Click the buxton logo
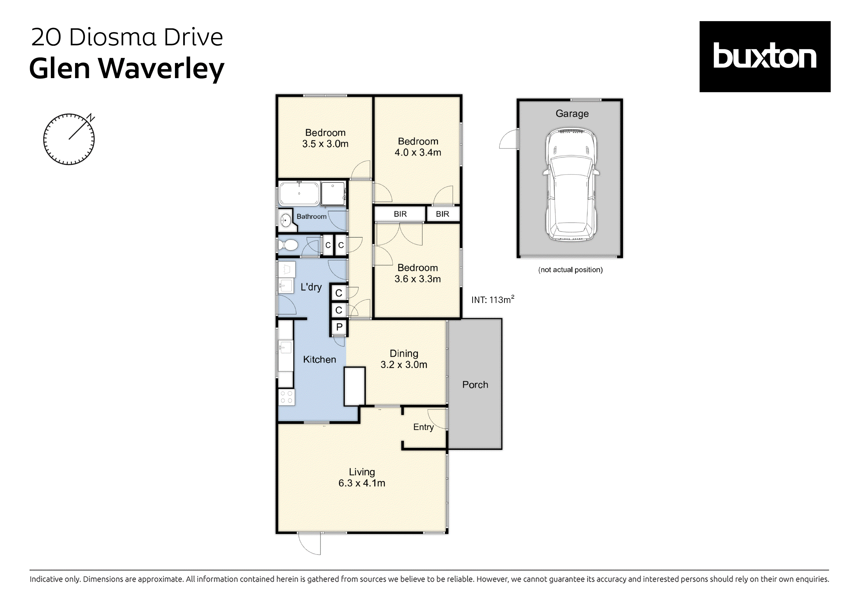click(x=765, y=56)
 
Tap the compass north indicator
click(x=90, y=118)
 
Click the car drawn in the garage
click(x=571, y=184)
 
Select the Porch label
click(x=475, y=384)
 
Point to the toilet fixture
click(x=288, y=245)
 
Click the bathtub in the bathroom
click(x=299, y=194)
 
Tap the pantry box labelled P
click(x=339, y=327)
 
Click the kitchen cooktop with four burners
click(x=287, y=397)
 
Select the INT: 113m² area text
click(x=492, y=300)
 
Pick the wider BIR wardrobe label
click(x=400, y=214)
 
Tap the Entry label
click(x=423, y=427)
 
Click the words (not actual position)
click(x=570, y=270)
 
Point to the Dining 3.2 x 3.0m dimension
click(x=404, y=365)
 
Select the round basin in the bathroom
click(x=286, y=220)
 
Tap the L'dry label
click(x=311, y=287)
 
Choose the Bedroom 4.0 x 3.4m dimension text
click(x=418, y=153)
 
